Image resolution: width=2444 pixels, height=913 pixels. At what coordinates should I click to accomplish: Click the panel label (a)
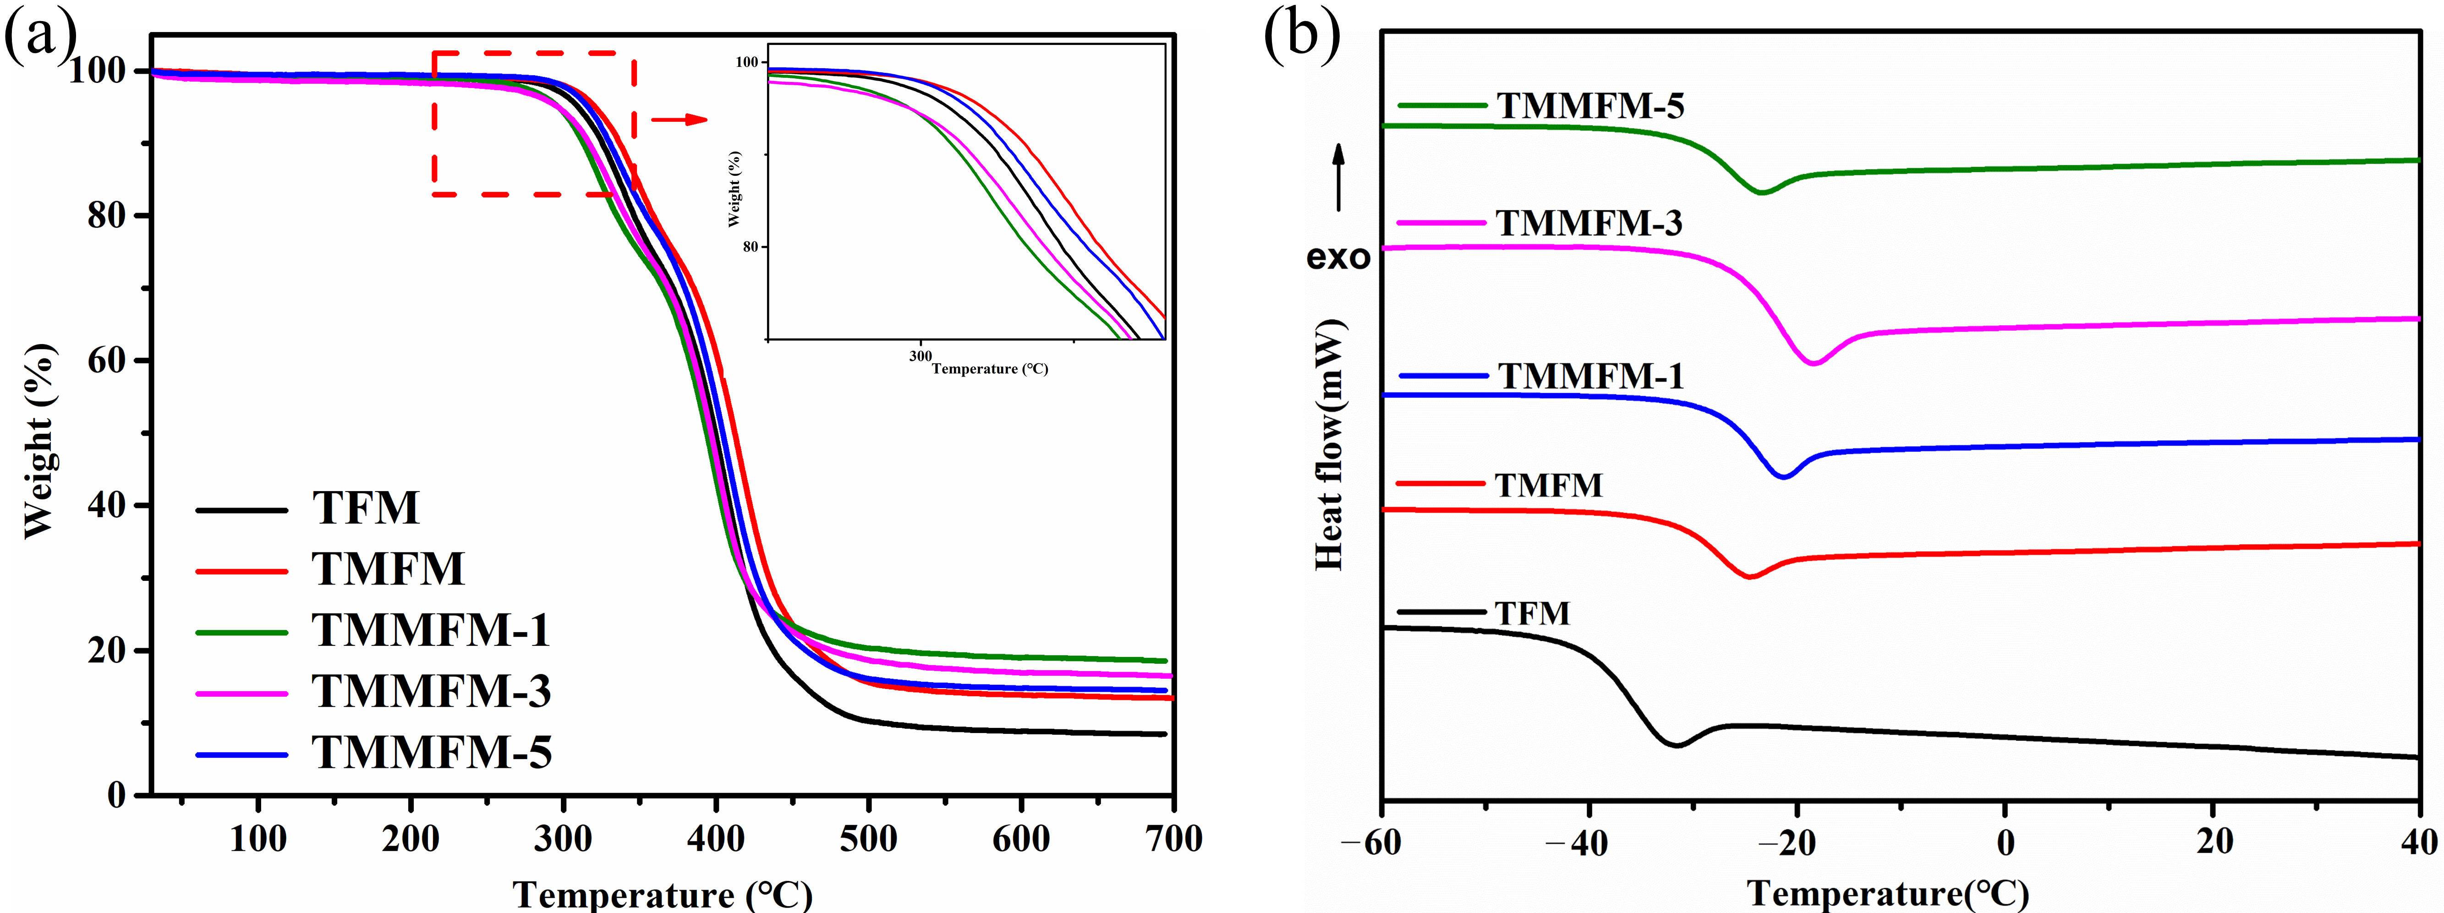(x=40, y=38)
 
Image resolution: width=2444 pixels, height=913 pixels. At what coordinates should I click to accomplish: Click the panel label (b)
(x=1302, y=38)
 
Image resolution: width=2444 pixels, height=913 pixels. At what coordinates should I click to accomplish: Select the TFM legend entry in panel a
(x=365, y=508)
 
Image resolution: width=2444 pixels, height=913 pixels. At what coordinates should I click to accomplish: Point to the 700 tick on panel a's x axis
(x=1173, y=839)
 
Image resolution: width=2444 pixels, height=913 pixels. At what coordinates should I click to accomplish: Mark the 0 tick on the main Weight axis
(x=116, y=795)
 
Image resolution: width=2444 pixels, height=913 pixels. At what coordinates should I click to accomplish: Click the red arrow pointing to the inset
(x=679, y=120)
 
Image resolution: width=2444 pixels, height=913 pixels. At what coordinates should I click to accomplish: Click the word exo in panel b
(x=1338, y=257)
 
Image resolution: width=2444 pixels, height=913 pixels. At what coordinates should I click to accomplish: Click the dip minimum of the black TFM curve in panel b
(x=1677, y=745)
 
